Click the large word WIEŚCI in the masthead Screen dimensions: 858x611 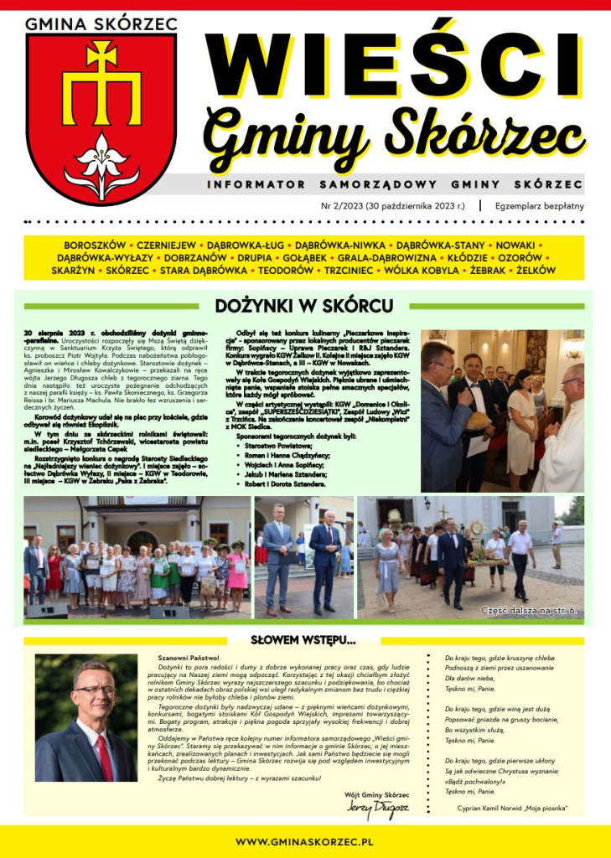click(x=394, y=59)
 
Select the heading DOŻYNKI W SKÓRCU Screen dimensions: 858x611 click(x=304, y=306)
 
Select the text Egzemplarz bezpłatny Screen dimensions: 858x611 click(x=539, y=205)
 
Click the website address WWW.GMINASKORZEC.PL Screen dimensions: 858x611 click(x=304, y=840)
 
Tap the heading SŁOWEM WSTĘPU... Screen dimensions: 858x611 click(x=304, y=640)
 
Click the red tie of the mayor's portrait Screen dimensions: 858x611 click(x=105, y=757)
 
